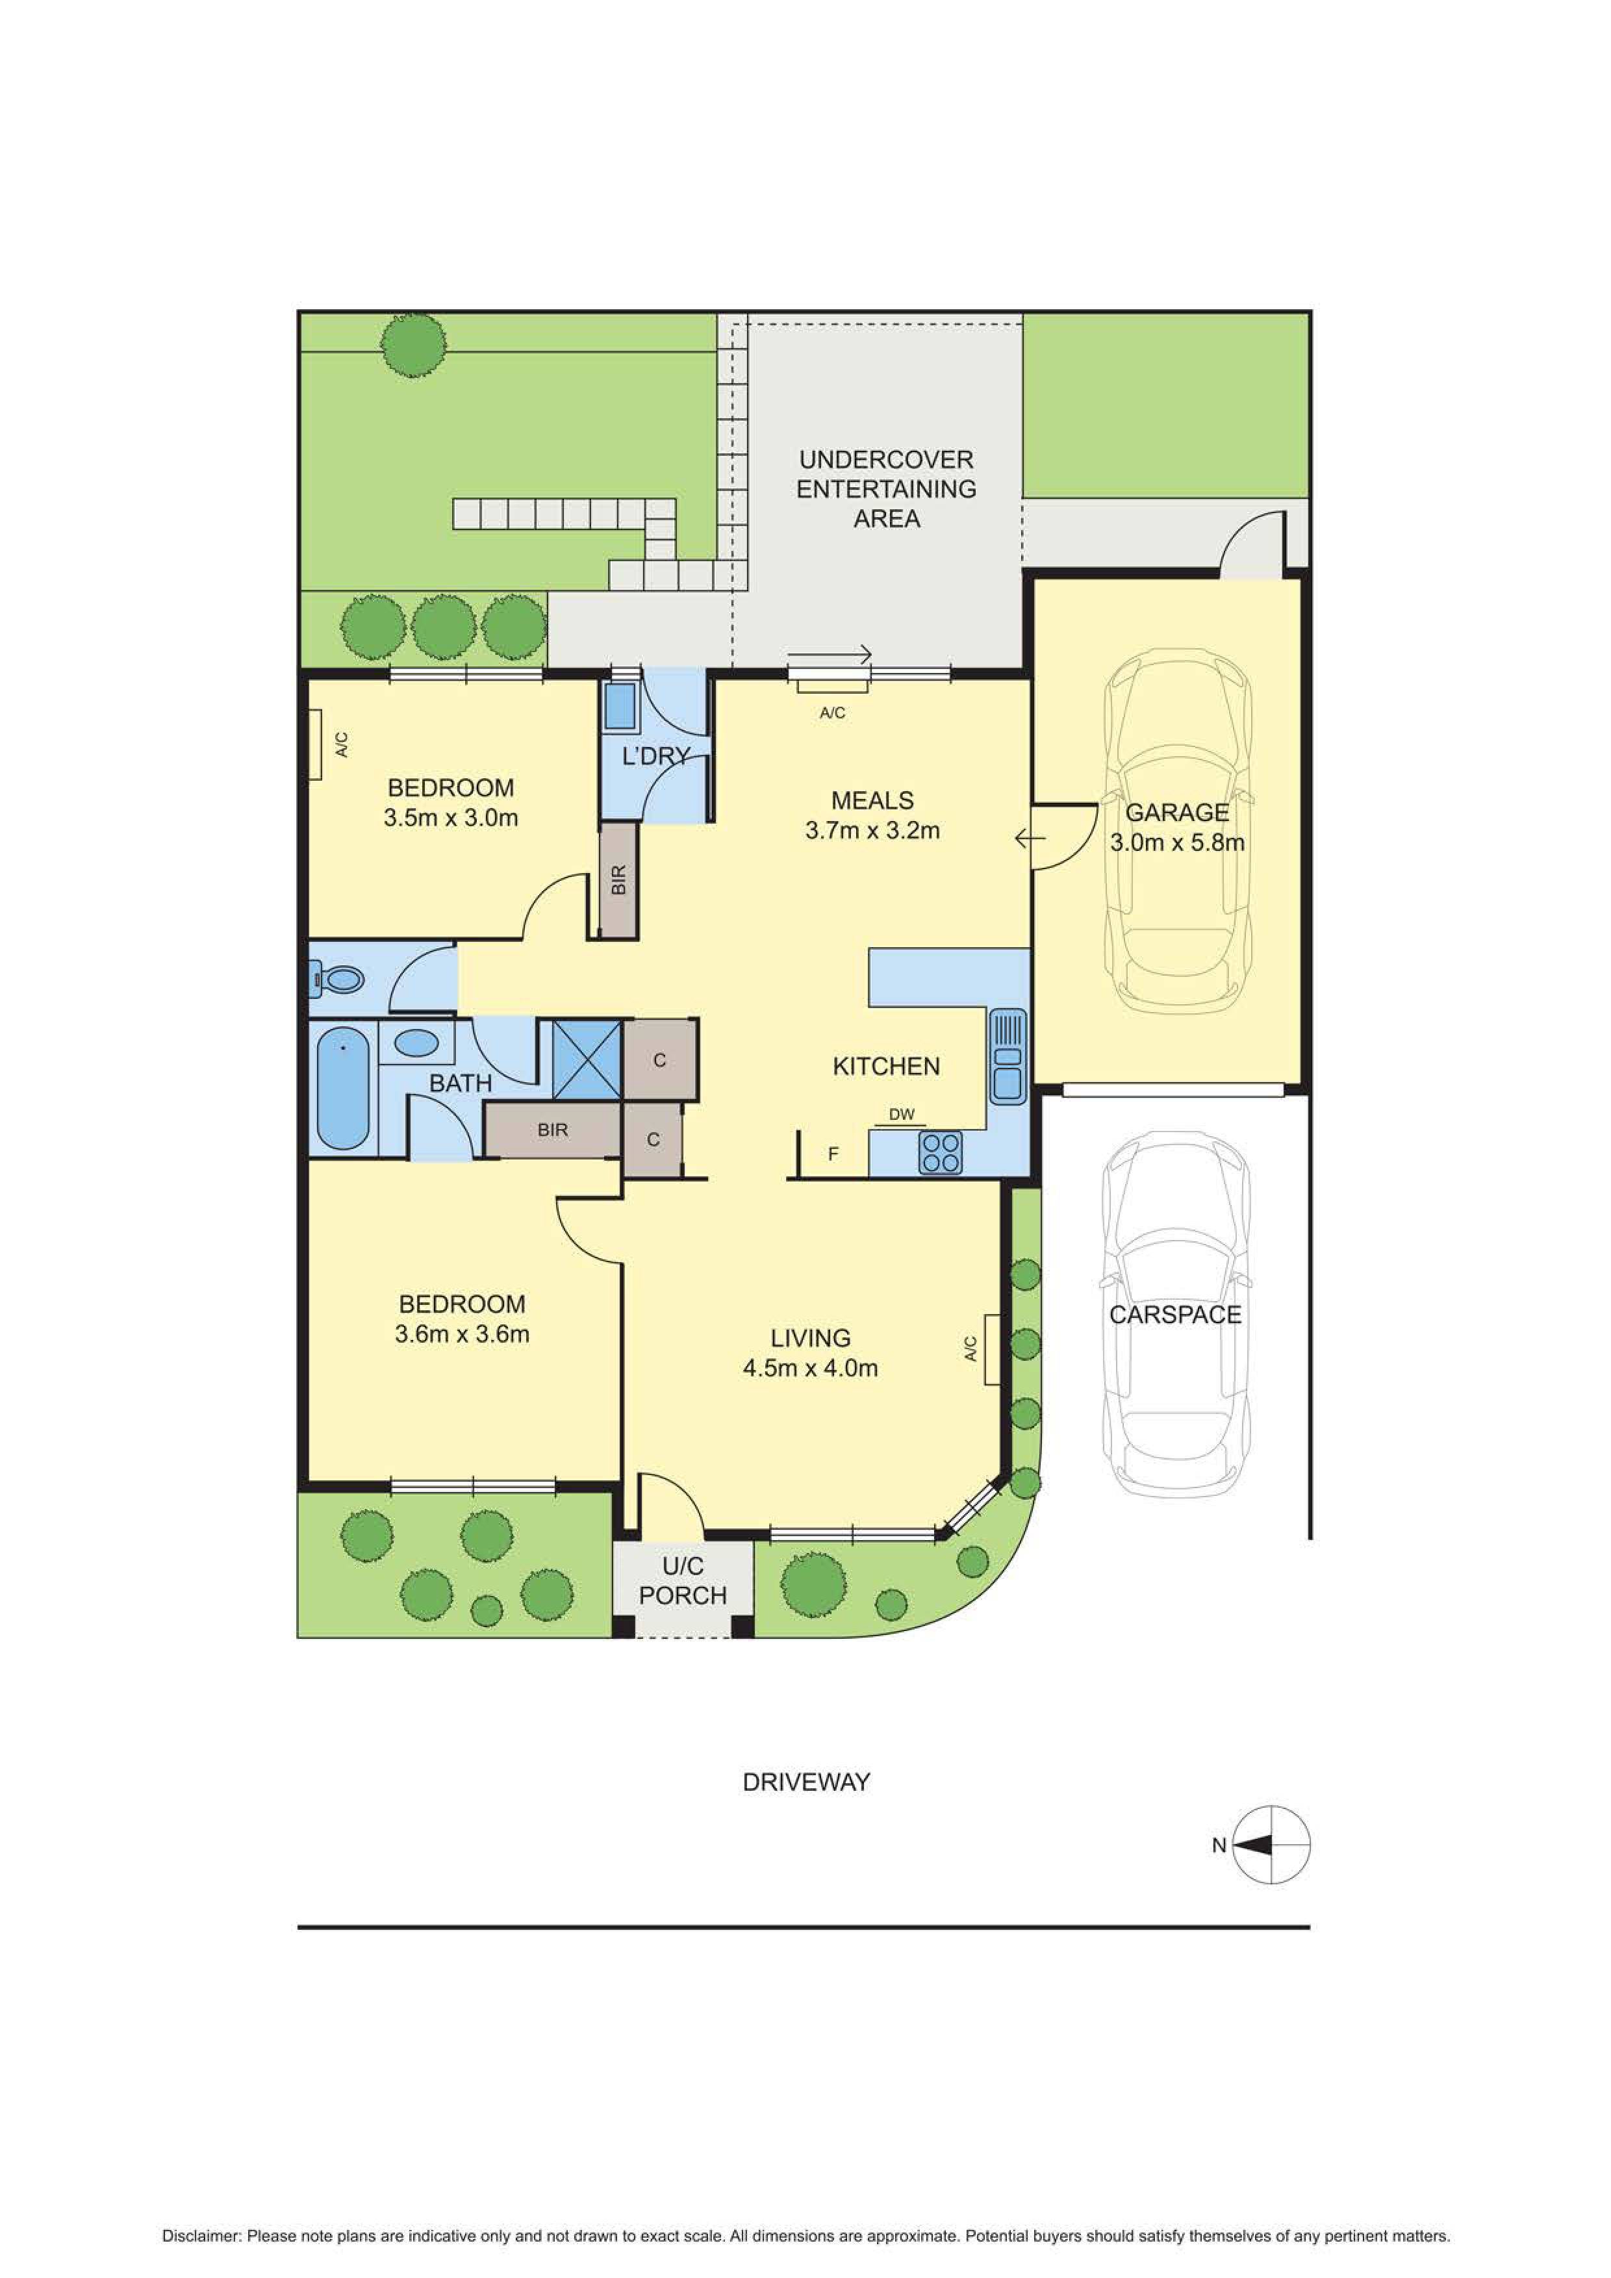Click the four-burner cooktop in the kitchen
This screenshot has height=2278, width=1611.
pyautogui.click(x=939, y=1152)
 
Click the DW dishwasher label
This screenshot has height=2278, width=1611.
pyautogui.click(x=901, y=1114)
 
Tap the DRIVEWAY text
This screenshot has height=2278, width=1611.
pyautogui.click(x=805, y=1782)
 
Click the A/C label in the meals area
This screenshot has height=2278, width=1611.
pyautogui.click(x=831, y=713)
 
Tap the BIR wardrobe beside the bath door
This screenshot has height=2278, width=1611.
pyautogui.click(x=553, y=1130)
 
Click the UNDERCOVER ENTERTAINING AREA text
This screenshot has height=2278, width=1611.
pyautogui.click(x=886, y=488)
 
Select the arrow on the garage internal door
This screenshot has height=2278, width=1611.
pyautogui.click(x=1030, y=841)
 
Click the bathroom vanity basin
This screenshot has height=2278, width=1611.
pyautogui.click(x=416, y=1043)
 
